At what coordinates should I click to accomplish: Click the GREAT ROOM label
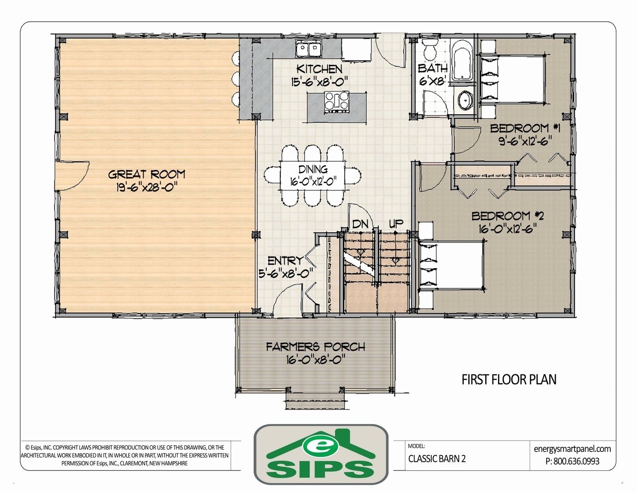pyautogui.click(x=147, y=174)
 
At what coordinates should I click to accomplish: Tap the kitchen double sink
pyautogui.click(x=309, y=50)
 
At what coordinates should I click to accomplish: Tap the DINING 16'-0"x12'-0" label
pyautogui.click(x=313, y=176)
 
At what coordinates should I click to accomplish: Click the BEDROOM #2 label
pyautogui.click(x=508, y=216)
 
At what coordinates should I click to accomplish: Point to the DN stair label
pyautogui.click(x=360, y=224)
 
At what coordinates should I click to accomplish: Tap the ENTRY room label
pyautogui.click(x=285, y=261)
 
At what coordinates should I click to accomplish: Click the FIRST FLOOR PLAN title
pyautogui.click(x=509, y=379)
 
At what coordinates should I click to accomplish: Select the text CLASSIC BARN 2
pyautogui.click(x=437, y=459)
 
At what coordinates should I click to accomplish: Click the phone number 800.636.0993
pyautogui.click(x=576, y=461)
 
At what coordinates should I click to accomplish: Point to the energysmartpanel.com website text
pyautogui.click(x=572, y=449)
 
